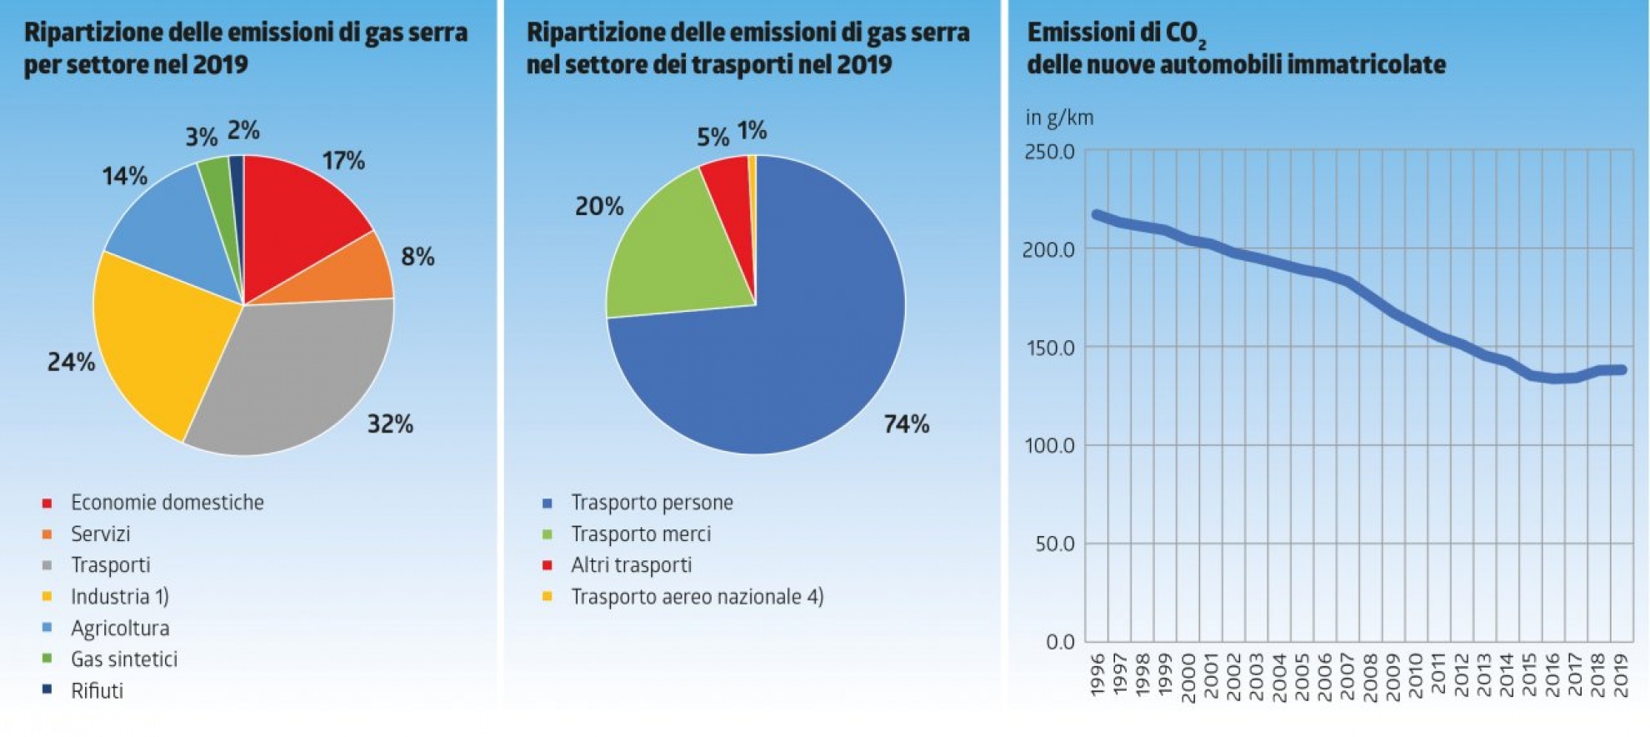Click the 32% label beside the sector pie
coord(390,424)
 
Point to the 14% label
coord(124,176)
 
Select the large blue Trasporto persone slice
coord(792,350)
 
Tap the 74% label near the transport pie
coord(906,424)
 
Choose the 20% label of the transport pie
coord(599,206)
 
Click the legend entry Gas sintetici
coord(124,659)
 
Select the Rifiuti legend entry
coord(97,691)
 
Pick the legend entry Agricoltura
coord(120,628)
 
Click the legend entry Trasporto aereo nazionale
coord(697,597)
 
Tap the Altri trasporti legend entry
coord(631,565)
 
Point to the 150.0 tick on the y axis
coord(1050,348)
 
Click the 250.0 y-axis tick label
coord(1050,153)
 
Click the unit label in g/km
coord(1059,118)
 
